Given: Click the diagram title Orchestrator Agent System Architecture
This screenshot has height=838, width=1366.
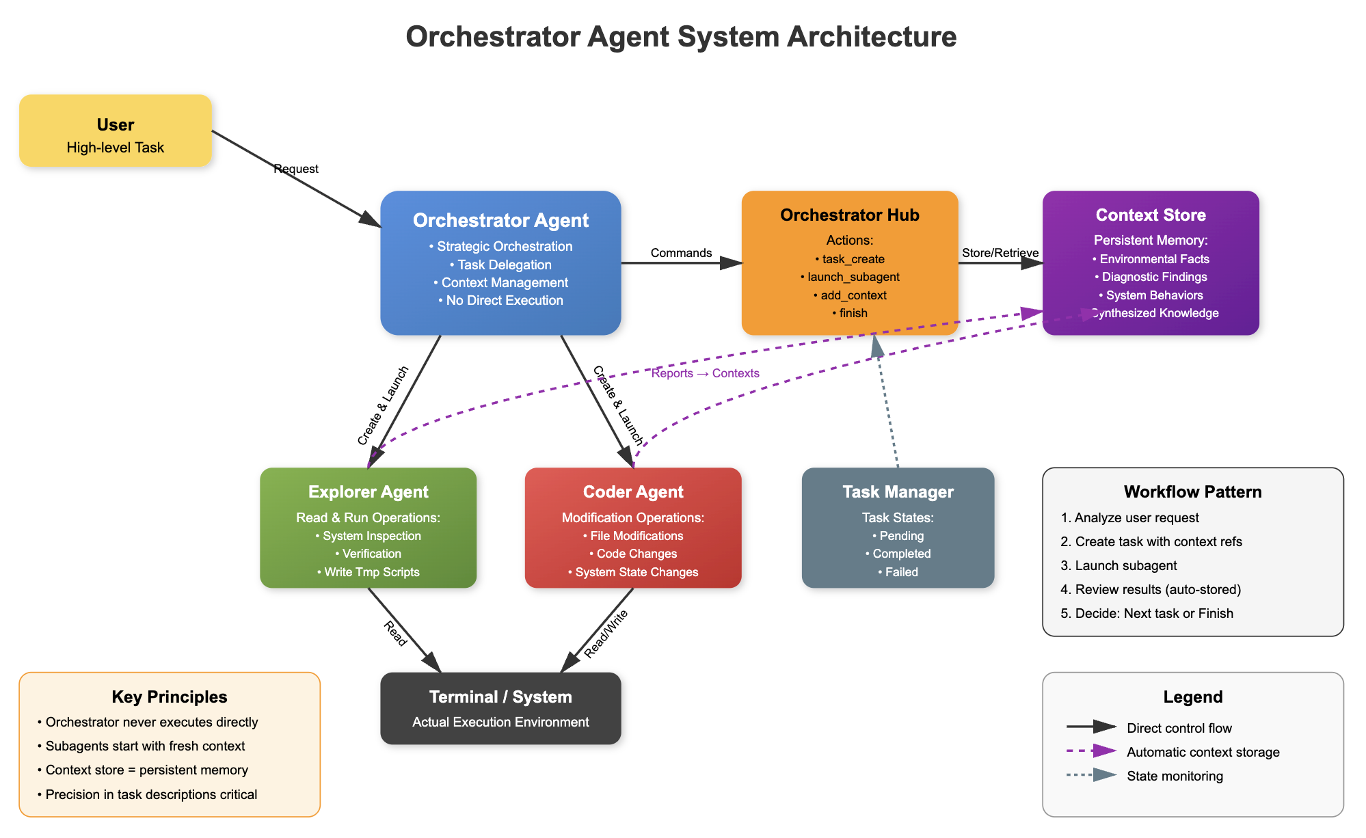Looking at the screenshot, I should click(x=681, y=37).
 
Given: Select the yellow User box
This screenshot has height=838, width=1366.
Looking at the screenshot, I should click(x=116, y=131).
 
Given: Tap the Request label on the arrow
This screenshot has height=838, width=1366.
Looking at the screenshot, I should click(x=296, y=169).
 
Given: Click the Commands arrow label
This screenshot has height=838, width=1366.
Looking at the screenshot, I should click(x=681, y=253).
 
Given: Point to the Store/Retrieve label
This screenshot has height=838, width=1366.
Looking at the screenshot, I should click(x=1000, y=253).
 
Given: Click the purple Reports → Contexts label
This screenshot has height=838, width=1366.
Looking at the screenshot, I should click(x=705, y=373).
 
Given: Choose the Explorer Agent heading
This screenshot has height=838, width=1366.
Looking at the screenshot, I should click(x=368, y=492).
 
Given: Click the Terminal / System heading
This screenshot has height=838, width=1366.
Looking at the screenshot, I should click(x=500, y=697).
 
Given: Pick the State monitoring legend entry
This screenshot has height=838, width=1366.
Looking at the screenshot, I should click(x=1175, y=776).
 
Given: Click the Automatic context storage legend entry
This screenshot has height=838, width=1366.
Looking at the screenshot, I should click(x=1203, y=752).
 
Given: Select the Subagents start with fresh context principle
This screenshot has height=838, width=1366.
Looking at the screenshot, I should click(x=145, y=746).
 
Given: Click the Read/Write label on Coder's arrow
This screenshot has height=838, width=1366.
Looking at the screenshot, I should click(x=606, y=634).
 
